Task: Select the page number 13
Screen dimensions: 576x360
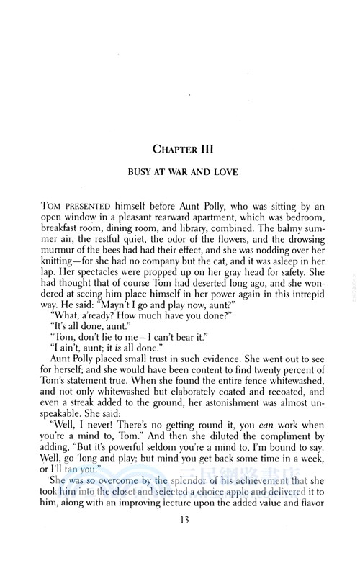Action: (179, 544)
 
